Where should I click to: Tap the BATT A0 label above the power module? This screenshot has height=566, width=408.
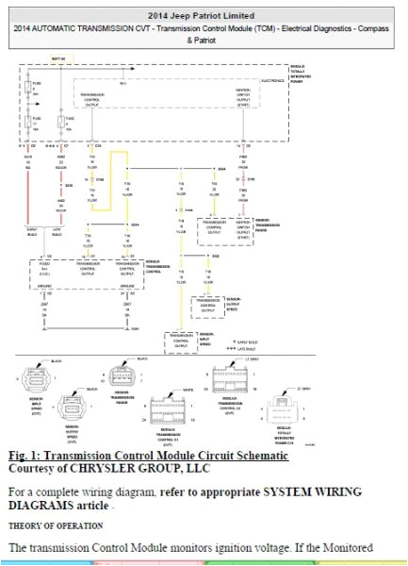click(58, 58)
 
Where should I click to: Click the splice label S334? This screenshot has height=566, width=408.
click(222, 169)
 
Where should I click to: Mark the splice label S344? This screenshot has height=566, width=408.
click(135, 224)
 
